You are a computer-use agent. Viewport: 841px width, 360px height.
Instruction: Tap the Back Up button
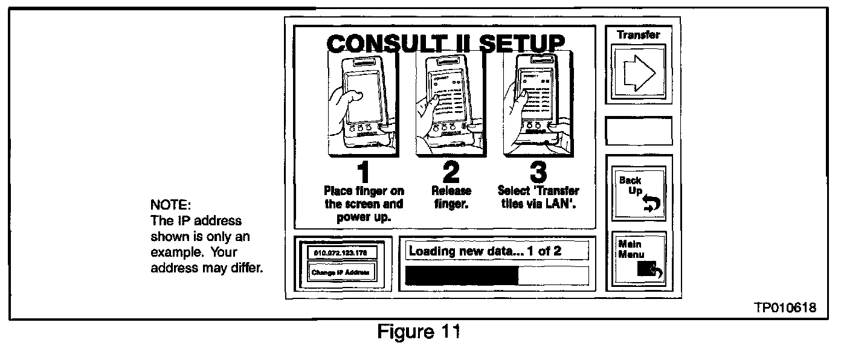click(639, 193)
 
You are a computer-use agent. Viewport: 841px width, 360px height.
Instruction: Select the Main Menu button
click(639, 259)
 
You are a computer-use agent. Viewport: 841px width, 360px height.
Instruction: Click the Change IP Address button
click(341, 272)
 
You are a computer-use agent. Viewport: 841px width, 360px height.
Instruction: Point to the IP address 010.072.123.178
click(341, 252)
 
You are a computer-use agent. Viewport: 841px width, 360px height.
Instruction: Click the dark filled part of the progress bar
click(462, 275)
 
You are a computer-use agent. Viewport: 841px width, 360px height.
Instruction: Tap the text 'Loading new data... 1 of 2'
click(485, 251)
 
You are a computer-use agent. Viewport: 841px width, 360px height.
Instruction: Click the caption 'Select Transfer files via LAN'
click(538, 198)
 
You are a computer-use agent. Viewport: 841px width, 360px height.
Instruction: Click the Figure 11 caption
click(419, 332)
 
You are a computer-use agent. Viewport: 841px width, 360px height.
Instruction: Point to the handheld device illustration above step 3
click(538, 103)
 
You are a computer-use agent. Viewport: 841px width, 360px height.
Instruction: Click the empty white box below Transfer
click(639, 131)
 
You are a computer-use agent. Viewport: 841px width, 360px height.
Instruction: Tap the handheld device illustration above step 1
click(362, 103)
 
